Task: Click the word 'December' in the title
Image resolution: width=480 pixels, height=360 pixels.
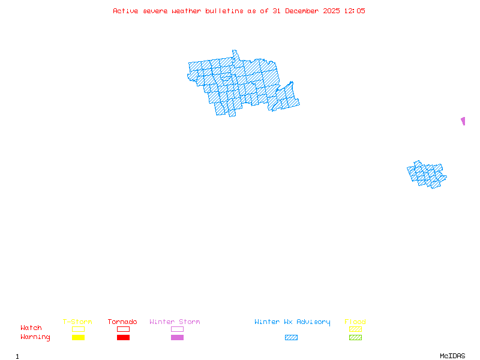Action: pos(305,11)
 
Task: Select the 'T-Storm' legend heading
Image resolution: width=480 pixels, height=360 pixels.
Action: pos(77,322)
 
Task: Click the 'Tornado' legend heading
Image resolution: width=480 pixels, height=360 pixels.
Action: pos(122,322)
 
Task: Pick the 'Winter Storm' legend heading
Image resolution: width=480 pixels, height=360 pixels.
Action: pos(175,322)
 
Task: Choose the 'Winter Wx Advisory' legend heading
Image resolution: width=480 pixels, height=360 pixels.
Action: pos(292,322)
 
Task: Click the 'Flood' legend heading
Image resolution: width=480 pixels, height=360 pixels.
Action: pos(355,322)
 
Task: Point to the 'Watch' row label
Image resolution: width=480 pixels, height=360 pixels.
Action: pos(31,328)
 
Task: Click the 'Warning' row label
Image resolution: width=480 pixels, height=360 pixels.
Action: pos(35,337)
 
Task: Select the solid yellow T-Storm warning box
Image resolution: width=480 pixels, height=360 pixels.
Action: pos(78,337)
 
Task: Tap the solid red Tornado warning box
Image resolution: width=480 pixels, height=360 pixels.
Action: pos(123,337)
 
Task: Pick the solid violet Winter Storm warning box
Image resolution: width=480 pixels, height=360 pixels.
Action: pos(177,337)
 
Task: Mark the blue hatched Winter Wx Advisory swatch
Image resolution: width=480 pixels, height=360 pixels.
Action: pos(291,337)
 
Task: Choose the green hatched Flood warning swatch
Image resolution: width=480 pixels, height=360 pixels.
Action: pos(355,337)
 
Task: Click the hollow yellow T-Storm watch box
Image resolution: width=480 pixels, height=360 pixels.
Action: pos(78,329)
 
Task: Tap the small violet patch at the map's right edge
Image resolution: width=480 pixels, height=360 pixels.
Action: pos(463,121)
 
